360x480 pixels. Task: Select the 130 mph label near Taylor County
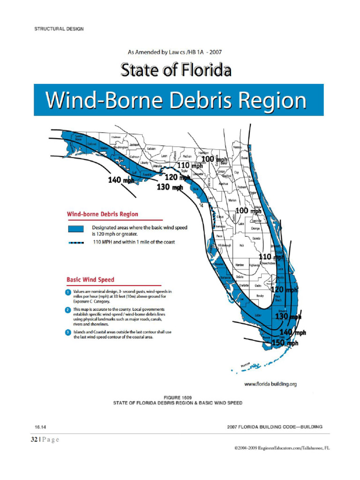(x=170, y=187)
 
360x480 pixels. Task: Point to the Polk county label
(x=242, y=245)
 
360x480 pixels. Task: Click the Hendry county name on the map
(x=261, y=296)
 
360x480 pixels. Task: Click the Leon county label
(x=165, y=156)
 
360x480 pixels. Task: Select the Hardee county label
(x=239, y=265)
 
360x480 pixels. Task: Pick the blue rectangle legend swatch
(x=75, y=229)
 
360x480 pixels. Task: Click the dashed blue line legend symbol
(x=75, y=243)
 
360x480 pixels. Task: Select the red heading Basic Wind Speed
(x=90, y=280)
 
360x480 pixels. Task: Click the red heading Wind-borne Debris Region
(x=103, y=214)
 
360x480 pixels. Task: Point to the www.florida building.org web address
(x=271, y=384)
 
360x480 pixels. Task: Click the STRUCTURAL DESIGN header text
(x=59, y=29)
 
